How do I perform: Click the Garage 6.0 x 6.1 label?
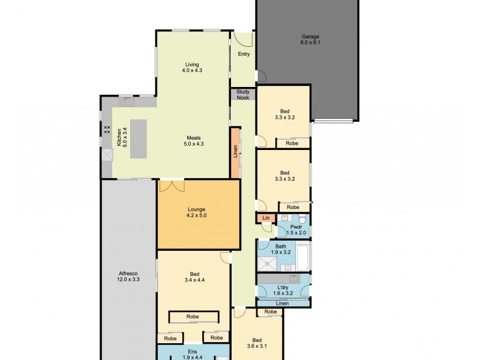coord(310,40)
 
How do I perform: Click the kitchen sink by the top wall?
coord(127,102)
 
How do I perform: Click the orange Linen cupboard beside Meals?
coord(236,152)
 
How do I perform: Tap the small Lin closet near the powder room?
coord(265,217)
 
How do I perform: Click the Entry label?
coord(244,54)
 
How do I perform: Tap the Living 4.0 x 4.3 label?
coord(191,67)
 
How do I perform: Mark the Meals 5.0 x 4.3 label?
coord(193,140)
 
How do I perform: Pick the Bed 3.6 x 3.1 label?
coord(257,341)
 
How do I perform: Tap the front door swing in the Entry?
coord(244,38)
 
